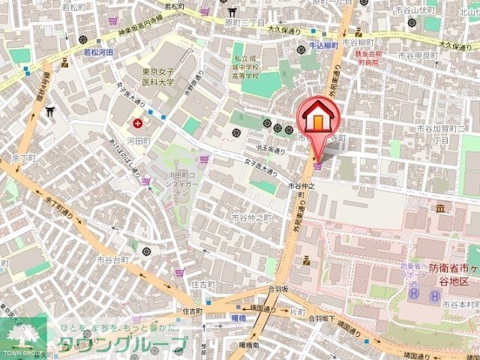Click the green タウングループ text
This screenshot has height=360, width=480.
click(x=120, y=344)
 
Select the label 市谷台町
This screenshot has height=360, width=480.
click(x=112, y=259)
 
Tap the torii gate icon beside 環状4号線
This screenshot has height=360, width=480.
click(x=49, y=112)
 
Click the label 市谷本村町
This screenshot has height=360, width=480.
click(x=458, y=304)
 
